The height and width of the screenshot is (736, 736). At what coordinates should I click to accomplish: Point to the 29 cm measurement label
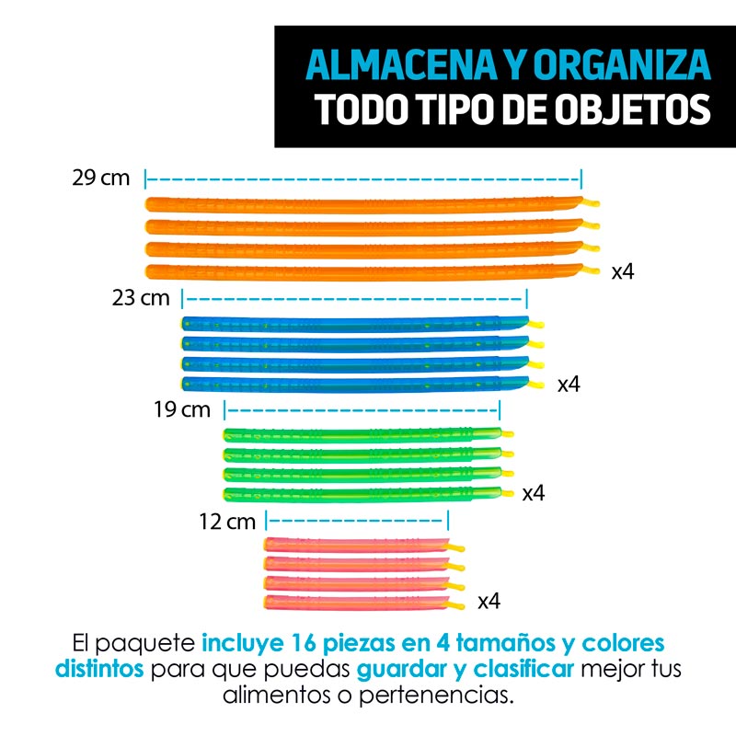coord(101,178)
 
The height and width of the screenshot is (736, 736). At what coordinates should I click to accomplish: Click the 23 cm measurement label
coord(141,297)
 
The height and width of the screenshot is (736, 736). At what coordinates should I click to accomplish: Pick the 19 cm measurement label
coord(182,409)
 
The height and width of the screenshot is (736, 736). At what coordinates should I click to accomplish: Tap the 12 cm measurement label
coord(226,523)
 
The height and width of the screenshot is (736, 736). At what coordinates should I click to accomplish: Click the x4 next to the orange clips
coord(623,271)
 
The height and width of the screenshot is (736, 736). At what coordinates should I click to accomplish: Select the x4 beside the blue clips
coord(569,385)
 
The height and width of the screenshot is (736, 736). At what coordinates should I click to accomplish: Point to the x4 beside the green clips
coord(534,494)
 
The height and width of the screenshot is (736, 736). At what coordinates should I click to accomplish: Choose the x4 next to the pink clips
coord(489,602)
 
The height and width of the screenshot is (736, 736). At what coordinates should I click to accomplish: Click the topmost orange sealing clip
coord(363,202)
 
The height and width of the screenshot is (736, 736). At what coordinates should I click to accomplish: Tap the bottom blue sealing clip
coord(354,383)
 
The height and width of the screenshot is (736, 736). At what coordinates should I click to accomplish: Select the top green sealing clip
coord(363,434)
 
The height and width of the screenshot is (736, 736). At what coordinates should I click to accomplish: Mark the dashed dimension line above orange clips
coord(363,178)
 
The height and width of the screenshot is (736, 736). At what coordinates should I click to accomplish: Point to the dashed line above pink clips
coord(357,520)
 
